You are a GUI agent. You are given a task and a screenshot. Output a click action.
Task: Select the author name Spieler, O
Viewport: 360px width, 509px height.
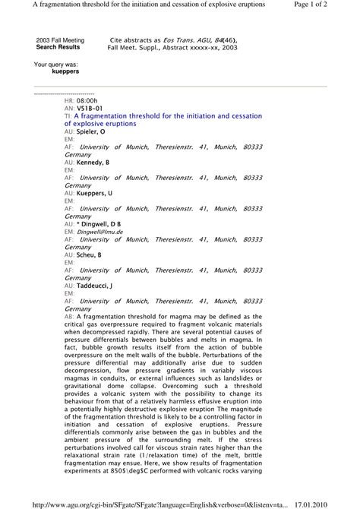point(94,131)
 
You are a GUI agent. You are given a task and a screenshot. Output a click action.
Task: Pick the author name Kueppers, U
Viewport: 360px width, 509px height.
point(94,194)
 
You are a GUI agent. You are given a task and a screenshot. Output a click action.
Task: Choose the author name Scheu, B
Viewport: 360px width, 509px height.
point(90,255)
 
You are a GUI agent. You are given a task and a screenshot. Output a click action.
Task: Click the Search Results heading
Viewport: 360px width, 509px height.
point(58,46)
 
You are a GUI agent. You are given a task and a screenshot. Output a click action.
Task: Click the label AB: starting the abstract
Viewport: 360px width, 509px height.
point(69,318)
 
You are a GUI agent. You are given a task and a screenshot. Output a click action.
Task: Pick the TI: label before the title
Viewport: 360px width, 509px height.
point(68,115)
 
